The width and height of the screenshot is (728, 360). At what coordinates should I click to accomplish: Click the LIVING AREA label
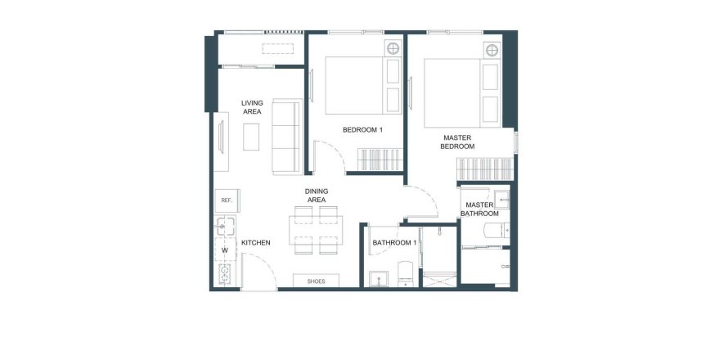pyautogui.click(x=252, y=107)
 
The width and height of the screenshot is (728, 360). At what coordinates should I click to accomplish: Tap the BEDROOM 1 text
pyautogui.click(x=362, y=130)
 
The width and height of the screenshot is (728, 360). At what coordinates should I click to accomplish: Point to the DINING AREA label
pyautogui.click(x=317, y=196)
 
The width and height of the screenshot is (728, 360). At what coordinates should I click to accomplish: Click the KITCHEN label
pyautogui.click(x=255, y=242)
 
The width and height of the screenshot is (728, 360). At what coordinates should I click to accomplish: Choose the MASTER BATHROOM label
pyautogui.click(x=479, y=209)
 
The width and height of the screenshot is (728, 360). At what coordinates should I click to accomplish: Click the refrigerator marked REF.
pyautogui.click(x=227, y=200)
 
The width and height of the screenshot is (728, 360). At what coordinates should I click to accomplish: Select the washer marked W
pyautogui.click(x=225, y=250)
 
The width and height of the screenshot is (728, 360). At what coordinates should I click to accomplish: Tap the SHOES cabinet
pyautogui.click(x=316, y=281)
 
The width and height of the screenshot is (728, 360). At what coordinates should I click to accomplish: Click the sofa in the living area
pyautogui.click(x=287, y=137)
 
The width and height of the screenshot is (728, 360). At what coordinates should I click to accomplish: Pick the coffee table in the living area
pyautogui.click(x=251, y=137)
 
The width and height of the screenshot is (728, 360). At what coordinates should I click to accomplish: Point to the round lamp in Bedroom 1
pyautogui.click(x=393, y=48)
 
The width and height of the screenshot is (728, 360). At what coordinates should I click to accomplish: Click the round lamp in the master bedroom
pyautogui.click(x=492, y=50)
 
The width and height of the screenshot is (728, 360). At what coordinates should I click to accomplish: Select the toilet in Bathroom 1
pyautogui.click(x=406, y=273)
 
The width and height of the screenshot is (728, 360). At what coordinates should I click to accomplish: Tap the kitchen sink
pyautogui.click(x=225, y=226)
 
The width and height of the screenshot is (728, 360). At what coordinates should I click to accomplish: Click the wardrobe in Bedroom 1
pyautogui.click(x=380, y=160)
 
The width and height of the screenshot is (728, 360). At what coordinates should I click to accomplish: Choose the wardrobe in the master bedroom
pyautogui.click(x=485, y=169)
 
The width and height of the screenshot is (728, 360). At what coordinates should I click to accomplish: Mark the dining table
pyautogui.click(x=316, y=230)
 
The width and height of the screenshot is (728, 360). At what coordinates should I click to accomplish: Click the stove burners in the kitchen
pyautogui.click(x=225, y=274)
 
